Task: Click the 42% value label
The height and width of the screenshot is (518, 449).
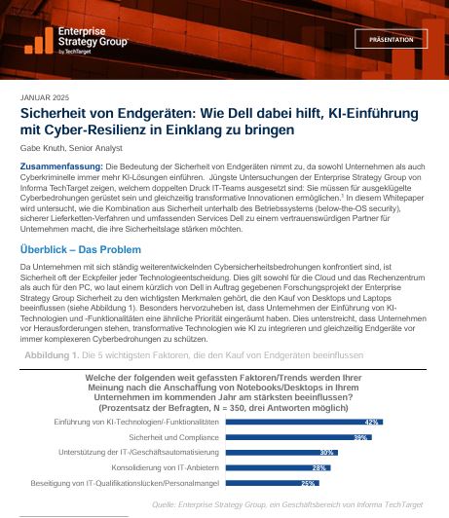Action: (370, 423)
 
